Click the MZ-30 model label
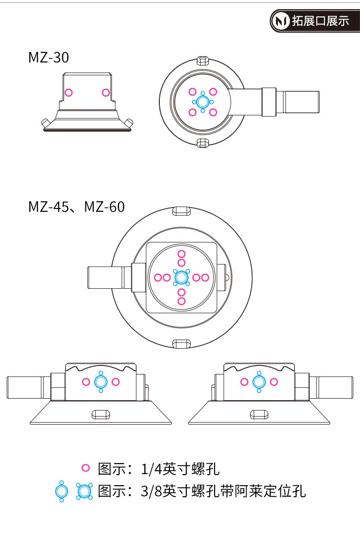48,57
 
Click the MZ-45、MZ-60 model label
76,207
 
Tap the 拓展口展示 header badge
314,21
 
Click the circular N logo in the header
281,21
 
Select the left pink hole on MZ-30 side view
69,92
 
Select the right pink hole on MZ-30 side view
106,92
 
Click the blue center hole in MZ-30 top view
203,102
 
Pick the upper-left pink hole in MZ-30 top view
192,92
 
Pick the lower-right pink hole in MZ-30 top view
213,112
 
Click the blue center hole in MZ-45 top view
181,277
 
